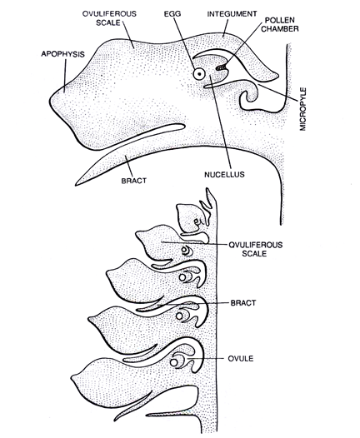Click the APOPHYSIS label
(x=62, y=53)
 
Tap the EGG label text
(x=172, y=13)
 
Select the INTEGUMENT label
(x=232, y=13)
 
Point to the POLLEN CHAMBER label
(x=280, y=24)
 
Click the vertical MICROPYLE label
(x=303, y=109)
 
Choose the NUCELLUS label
(x=224, y=175)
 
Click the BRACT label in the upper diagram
(x=134, y=181)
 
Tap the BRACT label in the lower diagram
(x=243, y=303)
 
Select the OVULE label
(x=241, y=358)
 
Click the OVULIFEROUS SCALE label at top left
(x=109, y=18)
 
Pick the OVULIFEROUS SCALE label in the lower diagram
(x=255, y=249)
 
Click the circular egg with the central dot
(x=199, y=74)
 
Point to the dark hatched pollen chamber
(x=222, y=67)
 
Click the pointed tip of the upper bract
(x=76, y=185)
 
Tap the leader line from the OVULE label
(x=207, y=358)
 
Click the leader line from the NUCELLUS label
(x=222, y=122)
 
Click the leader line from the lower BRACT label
(x=192, y=304)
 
